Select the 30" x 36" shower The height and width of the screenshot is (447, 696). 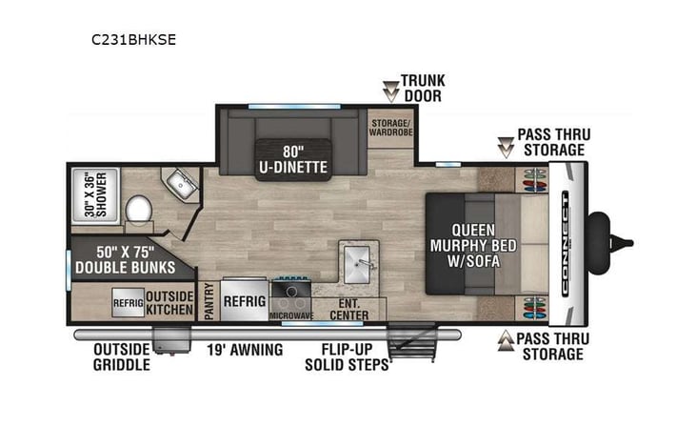[x=93, y=194]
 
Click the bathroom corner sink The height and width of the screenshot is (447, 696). [x=178, y=183]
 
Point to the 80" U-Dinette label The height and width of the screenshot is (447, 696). [x=291, y=159]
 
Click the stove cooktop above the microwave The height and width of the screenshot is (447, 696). [x=291, y=288]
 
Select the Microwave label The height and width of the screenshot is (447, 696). [x=291, y=314]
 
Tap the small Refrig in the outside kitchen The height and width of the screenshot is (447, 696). [x=128, y=302]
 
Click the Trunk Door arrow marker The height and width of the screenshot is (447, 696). [x=390, y=91]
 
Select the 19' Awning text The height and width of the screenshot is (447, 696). [x=245, y=350]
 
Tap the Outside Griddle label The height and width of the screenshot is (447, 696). [x=120, y=356]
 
